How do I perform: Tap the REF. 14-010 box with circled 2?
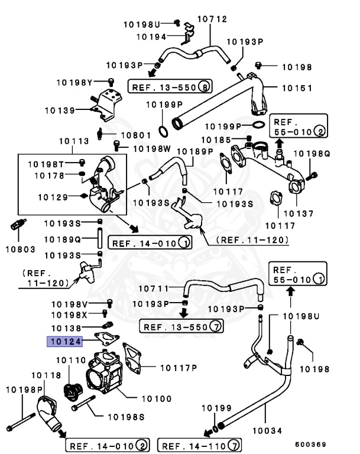pyautogui.click(x=106, y=445)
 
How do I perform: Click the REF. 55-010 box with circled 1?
pyautogui.click(x=297, y=273)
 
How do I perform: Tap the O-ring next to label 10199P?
pyautogui.click(x=258, y=125)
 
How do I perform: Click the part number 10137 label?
pyautogui.click(x=299, y=212)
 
